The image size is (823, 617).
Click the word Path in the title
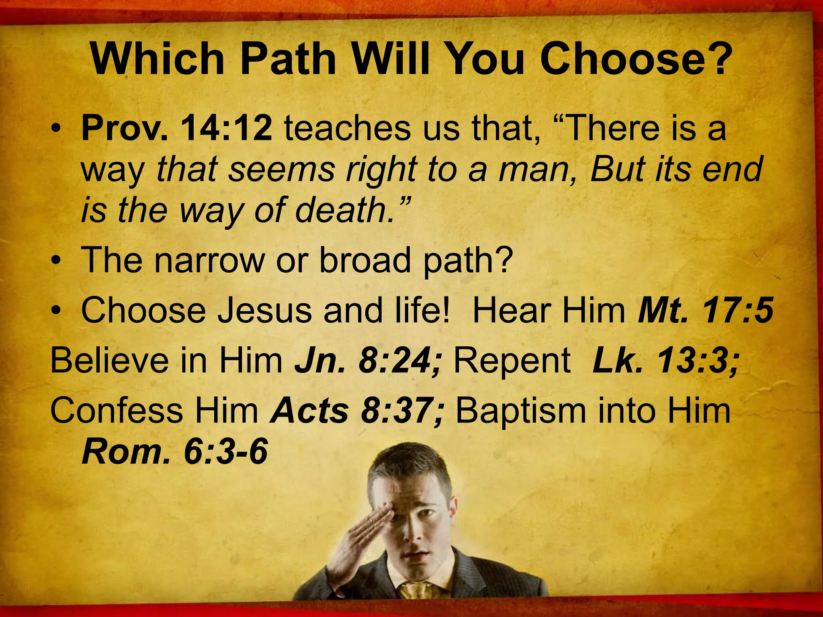click(288, 59)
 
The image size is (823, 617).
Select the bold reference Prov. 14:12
click(177, 128)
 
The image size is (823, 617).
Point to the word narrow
click(209, 260)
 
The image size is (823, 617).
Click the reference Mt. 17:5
click(706, 311)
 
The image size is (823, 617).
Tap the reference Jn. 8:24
click(368, 360)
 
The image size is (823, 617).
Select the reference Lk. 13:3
click(665, 360)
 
